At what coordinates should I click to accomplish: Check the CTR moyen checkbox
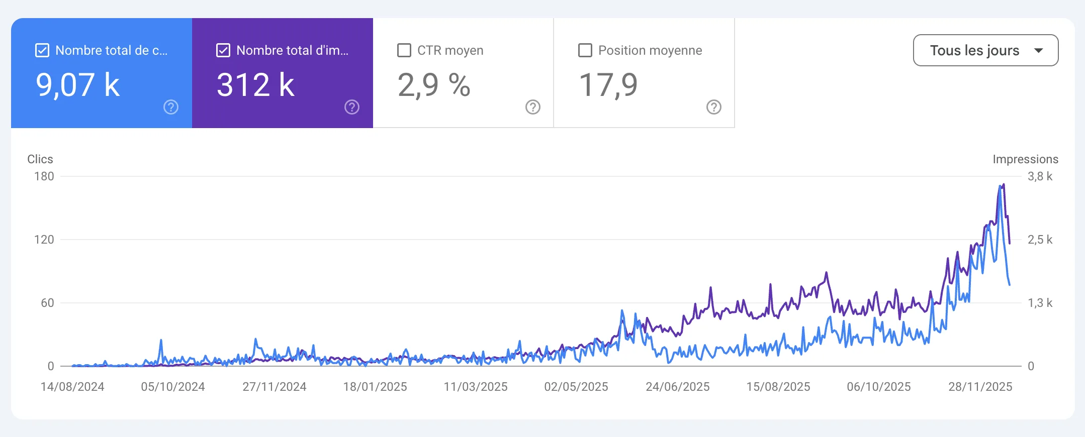404,50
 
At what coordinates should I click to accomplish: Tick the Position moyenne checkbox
585,50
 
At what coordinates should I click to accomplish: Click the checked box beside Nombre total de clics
42,50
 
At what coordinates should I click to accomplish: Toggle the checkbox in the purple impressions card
223,50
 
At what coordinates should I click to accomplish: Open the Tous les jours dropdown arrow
1039,50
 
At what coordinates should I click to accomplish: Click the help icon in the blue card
171,107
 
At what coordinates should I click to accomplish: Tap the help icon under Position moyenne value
714,107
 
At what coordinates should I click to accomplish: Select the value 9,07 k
77,84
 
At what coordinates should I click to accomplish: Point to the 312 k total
255,84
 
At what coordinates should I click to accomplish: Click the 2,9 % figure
434,84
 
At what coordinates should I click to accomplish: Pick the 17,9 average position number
608,84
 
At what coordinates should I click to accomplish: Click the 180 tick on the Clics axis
44,176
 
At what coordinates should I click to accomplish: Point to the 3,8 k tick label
1040,176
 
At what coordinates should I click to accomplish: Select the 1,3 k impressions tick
1040,303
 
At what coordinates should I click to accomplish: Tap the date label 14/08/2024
72,387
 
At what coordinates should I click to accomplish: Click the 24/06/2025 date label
678,387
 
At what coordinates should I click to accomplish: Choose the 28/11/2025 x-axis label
980,387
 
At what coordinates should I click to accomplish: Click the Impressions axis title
1026,159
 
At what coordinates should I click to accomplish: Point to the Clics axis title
40,159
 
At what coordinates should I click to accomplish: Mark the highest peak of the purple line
1004,184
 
